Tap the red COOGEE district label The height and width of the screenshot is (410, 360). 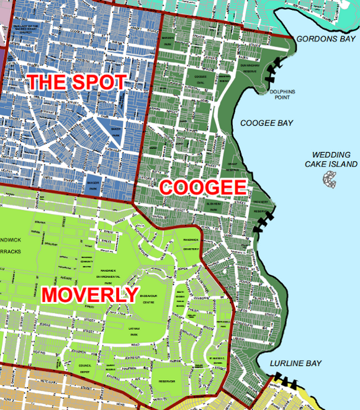click(200, 187)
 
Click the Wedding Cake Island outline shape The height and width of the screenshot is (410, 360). click(330, 179)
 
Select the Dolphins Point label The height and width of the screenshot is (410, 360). click(284, 94)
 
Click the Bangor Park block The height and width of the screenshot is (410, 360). click(93, 185)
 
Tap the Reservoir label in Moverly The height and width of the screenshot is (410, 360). click(166, 380)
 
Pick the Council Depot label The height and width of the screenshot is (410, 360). click(85, 368)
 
